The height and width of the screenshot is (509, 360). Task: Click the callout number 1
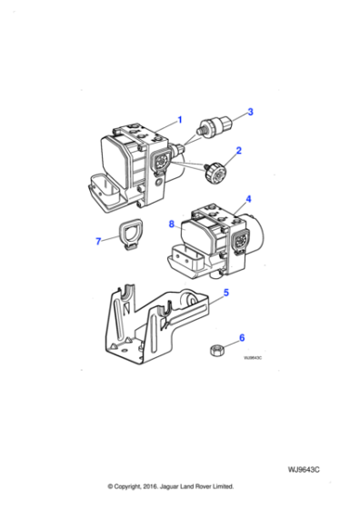179,119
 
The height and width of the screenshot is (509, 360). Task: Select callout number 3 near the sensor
251,112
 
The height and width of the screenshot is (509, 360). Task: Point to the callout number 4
248,197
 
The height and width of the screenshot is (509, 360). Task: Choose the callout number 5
225,293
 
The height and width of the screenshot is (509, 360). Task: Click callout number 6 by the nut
241,338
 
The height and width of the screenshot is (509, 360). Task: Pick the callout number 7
98,241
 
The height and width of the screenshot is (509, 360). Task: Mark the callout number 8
170,223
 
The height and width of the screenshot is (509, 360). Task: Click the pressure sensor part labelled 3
218,125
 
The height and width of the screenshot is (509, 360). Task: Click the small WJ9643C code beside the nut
252,358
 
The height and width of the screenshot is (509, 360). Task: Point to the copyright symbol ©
111,486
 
